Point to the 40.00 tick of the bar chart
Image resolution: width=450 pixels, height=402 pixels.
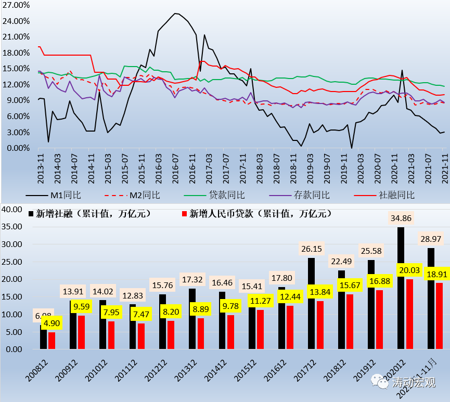click(11, 209)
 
